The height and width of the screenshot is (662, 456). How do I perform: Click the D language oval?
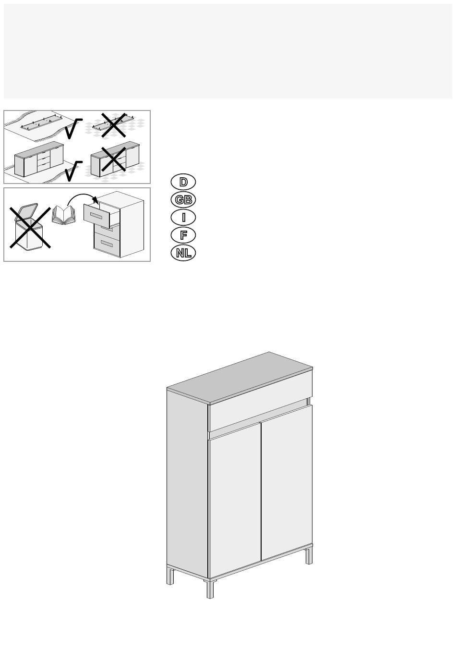pos(183,182)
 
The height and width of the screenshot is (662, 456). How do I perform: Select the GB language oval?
pos(183,200)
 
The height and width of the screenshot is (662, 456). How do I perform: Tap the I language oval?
pos(183,218)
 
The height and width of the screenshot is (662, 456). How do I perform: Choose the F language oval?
pos(183,235)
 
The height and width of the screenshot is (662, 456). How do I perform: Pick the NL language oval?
pos(183,253)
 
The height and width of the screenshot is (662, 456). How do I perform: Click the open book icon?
pos(63,215)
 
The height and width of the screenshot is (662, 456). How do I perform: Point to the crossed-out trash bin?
pos(30,227)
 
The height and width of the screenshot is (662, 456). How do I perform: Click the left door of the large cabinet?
pos(235,500)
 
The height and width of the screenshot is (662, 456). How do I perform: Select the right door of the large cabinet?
pos(287,482)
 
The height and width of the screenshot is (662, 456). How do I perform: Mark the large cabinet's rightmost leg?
pos(309,556)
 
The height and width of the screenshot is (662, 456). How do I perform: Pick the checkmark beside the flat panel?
pos(73,128)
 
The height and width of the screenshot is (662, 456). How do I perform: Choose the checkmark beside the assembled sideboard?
pos(73,171)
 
